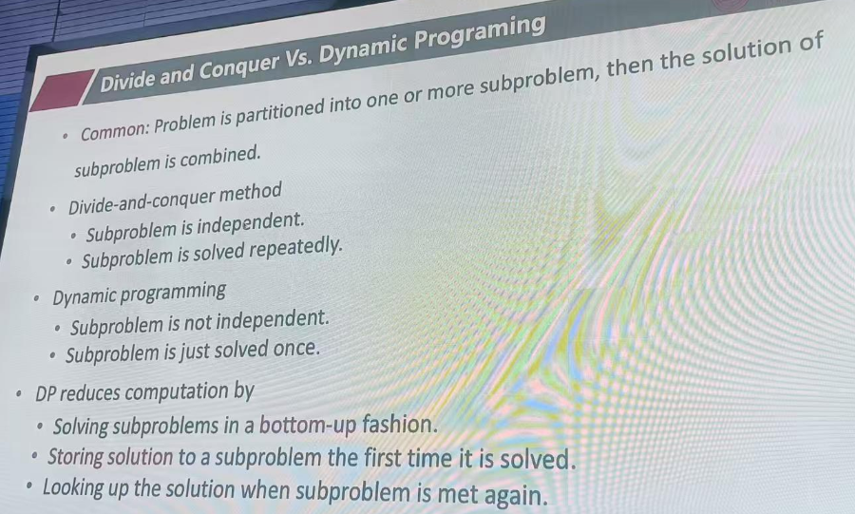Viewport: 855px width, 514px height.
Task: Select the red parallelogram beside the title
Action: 60,89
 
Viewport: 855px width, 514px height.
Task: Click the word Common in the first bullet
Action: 114,131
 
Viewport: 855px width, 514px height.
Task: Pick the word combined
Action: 220,158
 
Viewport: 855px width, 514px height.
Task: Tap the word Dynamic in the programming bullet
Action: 85,297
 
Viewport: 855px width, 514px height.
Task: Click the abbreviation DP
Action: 46,393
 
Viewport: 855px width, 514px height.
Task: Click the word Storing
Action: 75,457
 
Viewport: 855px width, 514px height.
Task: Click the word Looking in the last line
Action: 73,487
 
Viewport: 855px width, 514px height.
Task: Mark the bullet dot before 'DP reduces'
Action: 19,393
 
